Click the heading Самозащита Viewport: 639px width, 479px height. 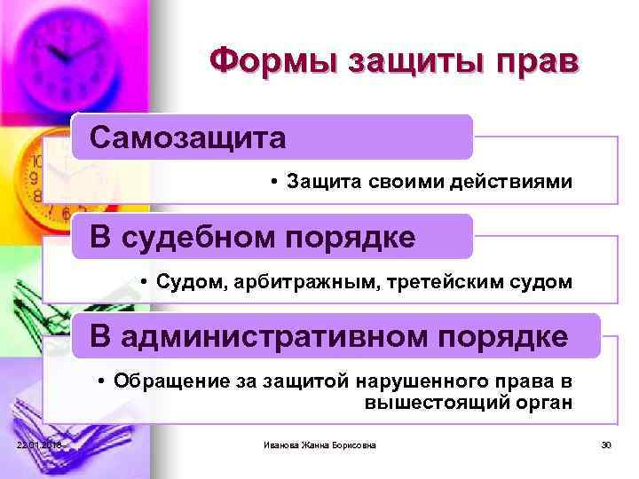click(187, 137)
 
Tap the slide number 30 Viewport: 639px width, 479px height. click(608, 444)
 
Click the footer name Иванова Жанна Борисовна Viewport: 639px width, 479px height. click(319, 444)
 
